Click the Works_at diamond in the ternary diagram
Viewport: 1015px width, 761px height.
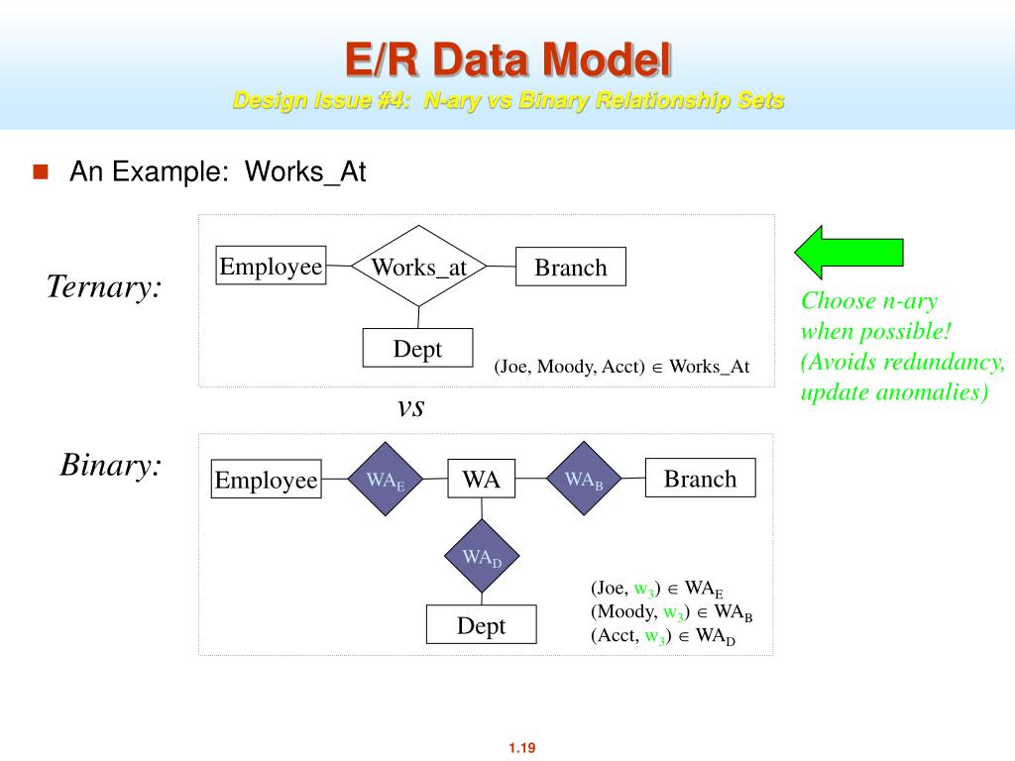click(x=419, y=266)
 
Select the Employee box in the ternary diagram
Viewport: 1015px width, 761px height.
click(x=271, y=266)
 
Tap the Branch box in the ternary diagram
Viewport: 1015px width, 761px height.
click(x=571, y=267)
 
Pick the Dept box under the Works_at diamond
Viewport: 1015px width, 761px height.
click(x=417, y=348)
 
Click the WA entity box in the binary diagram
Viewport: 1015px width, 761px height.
click(x=482, y=479)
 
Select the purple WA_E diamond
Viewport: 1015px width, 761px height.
click(x=386, y=479)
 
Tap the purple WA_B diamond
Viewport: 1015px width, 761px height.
click(x=584, y=479)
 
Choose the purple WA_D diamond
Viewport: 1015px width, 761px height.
click(x=482, y=556)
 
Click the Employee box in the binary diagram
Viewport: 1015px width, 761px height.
click(x=266, y=479)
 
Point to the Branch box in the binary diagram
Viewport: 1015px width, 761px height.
click(x=701, y=479)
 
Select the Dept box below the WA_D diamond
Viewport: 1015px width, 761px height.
click(x=481, y=624)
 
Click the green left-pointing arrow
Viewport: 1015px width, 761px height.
click(x=848, y=253)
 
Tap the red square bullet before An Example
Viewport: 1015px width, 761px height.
click(x=41, y=171)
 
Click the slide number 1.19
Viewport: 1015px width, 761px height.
click(x=521, y=748)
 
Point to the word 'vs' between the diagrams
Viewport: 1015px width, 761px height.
click(x=410, y=407)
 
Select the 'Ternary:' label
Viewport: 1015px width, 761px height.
click(x=103, y=286)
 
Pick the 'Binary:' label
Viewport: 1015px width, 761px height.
click(x=111, y=465)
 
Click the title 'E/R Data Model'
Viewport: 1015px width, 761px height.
click(x=508, y=59)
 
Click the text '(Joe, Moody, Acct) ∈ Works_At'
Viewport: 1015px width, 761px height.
click(x=621, y=367)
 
